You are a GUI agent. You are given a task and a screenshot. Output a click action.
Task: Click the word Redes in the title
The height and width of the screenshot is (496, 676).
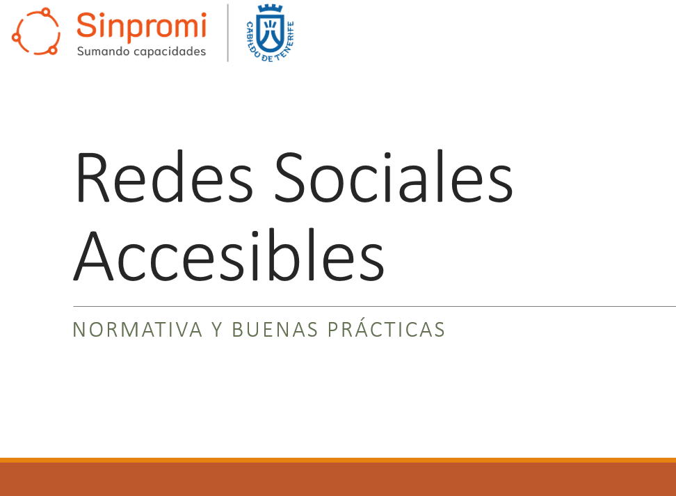(164, 177)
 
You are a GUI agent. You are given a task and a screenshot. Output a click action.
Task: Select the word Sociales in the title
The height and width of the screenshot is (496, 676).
(394, 177)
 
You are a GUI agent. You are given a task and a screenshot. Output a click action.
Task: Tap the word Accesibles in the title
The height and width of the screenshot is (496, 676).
(229, 255)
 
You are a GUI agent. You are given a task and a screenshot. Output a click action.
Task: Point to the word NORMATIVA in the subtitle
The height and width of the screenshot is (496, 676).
(138, 330)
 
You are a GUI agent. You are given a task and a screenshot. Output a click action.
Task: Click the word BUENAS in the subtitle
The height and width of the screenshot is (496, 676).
(275, 330)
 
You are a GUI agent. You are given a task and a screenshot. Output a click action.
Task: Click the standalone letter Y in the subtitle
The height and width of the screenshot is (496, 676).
(217, 330)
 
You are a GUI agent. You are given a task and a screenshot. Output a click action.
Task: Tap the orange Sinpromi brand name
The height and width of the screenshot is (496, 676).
(142, 26)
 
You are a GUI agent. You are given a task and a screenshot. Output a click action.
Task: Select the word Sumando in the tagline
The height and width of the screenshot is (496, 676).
(104, 51)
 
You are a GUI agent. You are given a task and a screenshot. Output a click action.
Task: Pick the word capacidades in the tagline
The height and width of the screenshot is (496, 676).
(170, 51)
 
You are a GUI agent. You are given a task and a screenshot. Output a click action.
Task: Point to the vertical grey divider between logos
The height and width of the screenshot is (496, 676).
(227, 33)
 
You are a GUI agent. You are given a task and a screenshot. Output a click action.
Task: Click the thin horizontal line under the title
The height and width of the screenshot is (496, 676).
(375, 306)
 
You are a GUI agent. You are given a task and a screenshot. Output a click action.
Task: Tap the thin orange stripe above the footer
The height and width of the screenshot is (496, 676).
(338, 461)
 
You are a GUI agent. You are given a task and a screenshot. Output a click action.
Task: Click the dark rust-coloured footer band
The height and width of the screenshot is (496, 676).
(338, 479)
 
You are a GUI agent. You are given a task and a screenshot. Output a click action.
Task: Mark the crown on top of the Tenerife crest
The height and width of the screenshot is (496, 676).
(271, 8)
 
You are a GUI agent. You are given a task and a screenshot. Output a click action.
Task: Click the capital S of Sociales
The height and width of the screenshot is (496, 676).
(289, 177)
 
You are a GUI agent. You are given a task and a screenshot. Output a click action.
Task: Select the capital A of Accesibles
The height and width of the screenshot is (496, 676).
(94, 255)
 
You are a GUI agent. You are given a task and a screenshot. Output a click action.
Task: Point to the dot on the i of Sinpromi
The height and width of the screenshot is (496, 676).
(202, 15)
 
